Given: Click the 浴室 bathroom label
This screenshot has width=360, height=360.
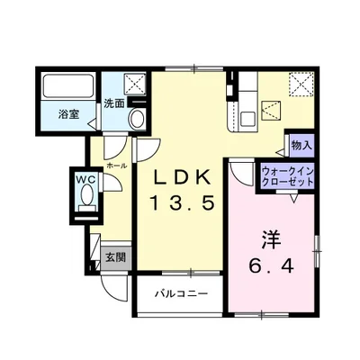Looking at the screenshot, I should tap(68, 116).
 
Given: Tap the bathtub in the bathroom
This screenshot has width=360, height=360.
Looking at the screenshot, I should tap(68, 90).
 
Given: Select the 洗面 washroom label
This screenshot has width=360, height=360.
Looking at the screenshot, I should tap(113, 103).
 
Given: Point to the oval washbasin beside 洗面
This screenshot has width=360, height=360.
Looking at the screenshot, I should tap(137, 118).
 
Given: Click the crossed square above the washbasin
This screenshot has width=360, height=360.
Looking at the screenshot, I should tap(137, 85).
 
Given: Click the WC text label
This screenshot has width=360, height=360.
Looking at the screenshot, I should tap(85, 179).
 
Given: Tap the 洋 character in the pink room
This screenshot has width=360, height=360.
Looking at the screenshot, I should tap(270, 241).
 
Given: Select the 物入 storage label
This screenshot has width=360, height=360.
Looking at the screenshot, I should tap(301, 144).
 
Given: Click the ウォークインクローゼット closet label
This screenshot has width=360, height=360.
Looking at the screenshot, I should tap(287, 175).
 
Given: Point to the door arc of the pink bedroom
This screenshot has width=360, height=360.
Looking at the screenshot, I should tap(238, 173).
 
